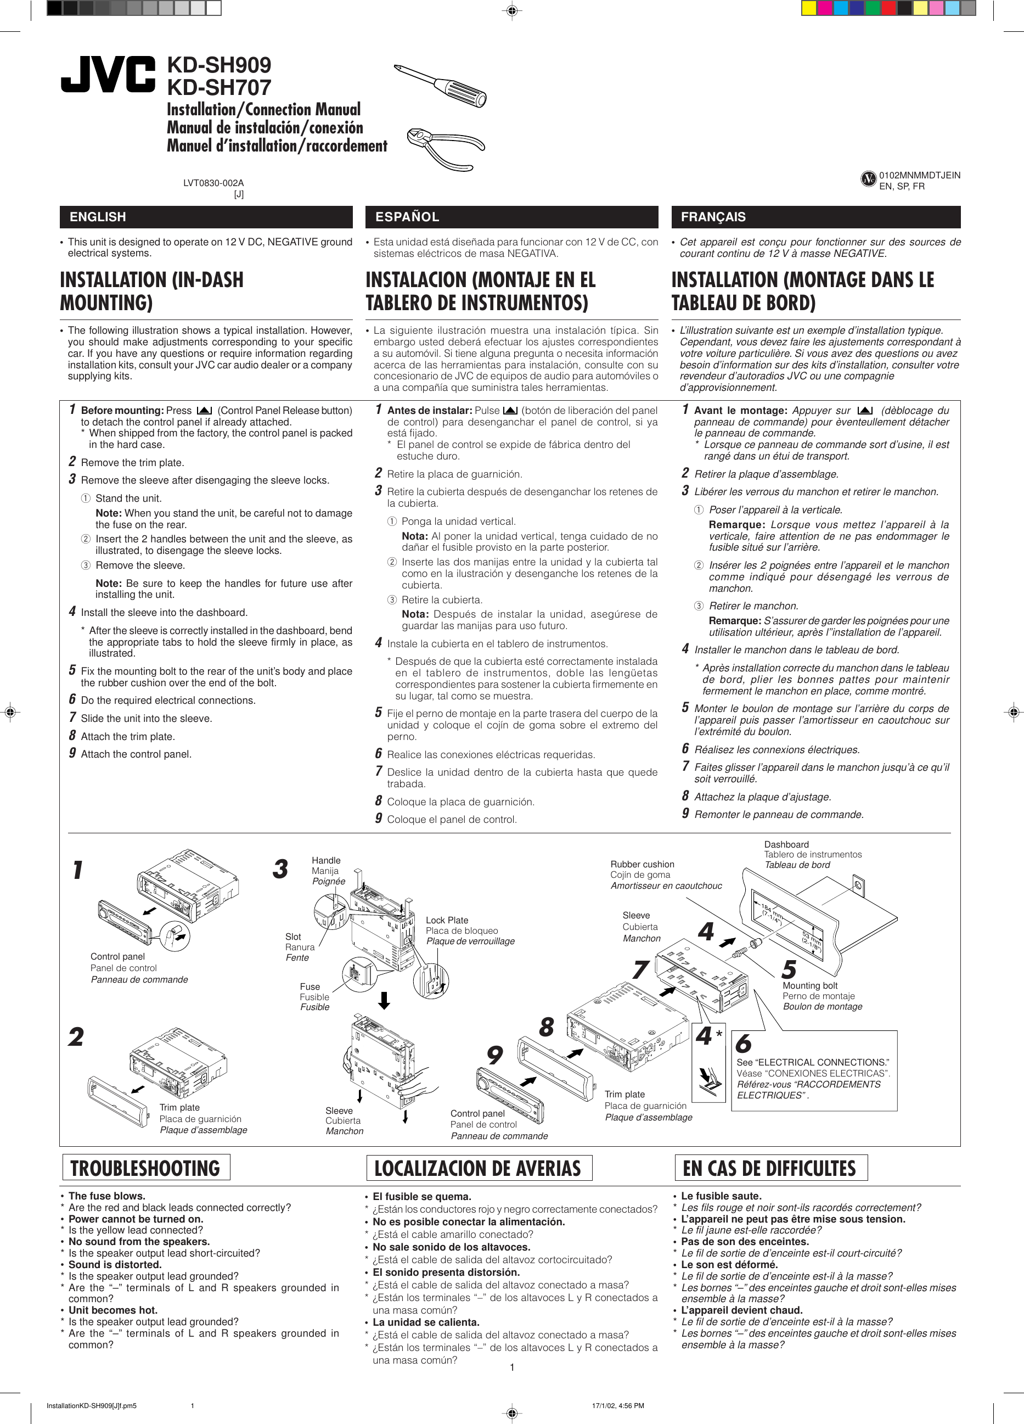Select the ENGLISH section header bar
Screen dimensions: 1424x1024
coord(206,217)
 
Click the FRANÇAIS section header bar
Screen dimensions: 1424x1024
coord(815,217)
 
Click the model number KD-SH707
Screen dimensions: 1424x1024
coord(218,87)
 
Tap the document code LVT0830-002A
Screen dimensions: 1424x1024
coord(213,183)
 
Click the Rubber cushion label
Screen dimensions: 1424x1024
coord(642,865)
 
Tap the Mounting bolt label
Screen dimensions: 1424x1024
coord(810,986)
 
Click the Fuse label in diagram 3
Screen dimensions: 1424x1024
coord(310,987)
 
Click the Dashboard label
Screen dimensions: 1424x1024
coord(786,844)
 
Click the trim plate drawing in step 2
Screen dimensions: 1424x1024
coord(117,1102)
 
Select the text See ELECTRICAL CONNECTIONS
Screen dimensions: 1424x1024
coord(812,1062)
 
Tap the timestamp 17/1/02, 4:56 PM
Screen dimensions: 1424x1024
coord(618,1406)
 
